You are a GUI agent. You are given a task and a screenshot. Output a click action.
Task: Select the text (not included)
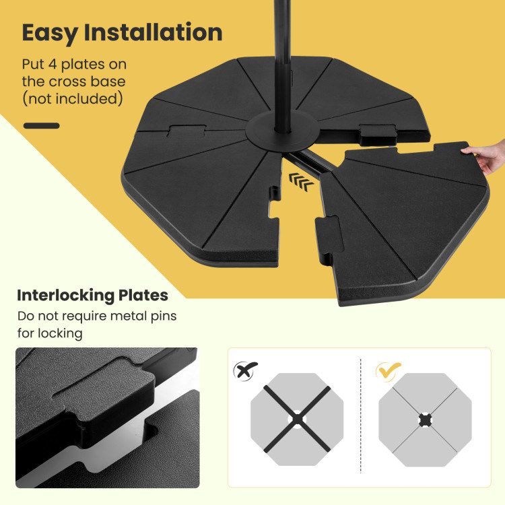[73, 99]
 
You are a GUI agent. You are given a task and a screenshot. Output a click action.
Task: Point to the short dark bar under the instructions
[41, 125]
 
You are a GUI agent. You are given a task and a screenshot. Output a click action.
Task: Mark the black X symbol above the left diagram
[245, 369]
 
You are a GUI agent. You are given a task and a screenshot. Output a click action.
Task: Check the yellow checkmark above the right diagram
[389, 369]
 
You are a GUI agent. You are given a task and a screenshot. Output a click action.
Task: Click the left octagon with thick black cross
[297, 419]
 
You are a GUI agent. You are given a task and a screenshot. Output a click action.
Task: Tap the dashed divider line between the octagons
[361, 417]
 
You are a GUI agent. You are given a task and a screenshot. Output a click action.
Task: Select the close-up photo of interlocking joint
[107, 417]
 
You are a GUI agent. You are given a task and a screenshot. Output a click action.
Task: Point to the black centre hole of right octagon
[425, 419]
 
